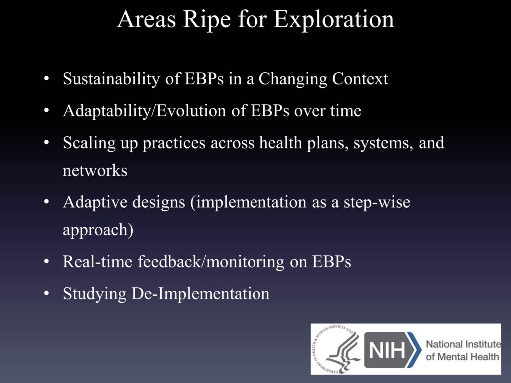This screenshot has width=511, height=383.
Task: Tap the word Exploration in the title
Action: coord(334,20)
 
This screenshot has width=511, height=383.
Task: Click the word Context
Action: coord(360,78)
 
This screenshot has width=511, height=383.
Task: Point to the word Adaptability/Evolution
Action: coord(145,111)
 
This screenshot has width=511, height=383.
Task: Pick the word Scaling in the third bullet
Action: coord(89,143)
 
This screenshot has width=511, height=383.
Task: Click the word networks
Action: coord(95,171)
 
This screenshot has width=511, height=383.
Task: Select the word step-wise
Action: coord(377,203)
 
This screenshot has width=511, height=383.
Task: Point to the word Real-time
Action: coord(97,261)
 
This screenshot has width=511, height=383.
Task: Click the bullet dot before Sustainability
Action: coord(47,79)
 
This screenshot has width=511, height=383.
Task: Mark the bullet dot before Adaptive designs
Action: coord(47,202)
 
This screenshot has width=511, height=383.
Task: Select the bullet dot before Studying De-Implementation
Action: coord(47,293)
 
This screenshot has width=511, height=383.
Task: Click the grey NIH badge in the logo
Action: coord(389,350)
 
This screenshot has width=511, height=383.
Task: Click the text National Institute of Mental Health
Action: coord(463,350)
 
